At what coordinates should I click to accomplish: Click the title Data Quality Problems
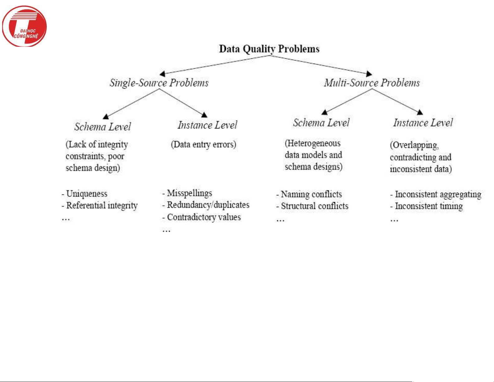[269, 49]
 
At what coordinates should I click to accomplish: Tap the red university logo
[24, 27]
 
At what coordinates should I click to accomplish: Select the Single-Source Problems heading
[159, 83]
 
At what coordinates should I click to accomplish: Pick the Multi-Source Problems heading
[372, 83]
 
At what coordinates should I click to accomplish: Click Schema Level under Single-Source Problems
[103, 127]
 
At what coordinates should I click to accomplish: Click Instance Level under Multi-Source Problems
[423, 123]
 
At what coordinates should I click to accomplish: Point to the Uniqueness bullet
[87, 194]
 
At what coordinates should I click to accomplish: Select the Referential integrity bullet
[102, 206]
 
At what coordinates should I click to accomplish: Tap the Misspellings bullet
[189, 193]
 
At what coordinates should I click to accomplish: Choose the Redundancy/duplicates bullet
[208, 205]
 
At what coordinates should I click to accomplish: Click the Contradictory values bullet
[204, 217]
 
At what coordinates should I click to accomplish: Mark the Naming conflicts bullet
[311, 194]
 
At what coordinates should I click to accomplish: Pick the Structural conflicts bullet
[314, 206]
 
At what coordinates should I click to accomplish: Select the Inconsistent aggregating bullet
[438, 194]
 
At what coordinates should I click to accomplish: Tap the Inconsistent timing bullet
[429, 206]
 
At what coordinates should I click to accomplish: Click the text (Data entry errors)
[204, 145]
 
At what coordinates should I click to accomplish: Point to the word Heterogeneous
[313, 143]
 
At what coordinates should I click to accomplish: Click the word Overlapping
[415, 145]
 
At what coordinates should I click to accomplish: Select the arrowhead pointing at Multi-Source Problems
[369, 74]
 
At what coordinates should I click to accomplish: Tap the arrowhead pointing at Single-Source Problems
[162, 74]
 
